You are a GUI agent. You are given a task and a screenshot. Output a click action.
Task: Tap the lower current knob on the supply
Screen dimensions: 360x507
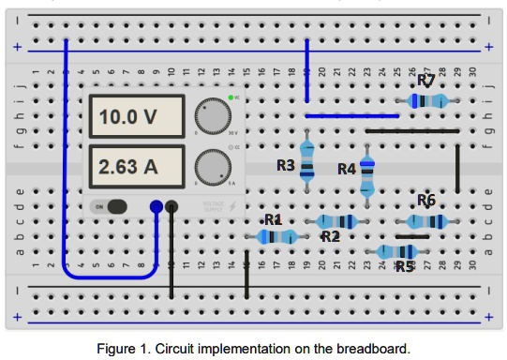tap(213, 169)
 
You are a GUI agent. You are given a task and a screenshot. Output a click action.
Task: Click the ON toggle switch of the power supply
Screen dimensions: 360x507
tap(112, 207)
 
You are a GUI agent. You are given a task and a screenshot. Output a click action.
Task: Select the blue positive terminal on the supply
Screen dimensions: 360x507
tap(157, 207)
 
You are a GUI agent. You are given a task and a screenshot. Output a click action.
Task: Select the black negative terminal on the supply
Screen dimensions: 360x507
tap(171, 207)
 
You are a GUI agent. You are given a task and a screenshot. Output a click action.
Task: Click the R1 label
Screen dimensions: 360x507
tap(273, 219)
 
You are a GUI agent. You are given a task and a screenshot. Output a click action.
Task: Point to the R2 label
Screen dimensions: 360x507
tap(330, 236)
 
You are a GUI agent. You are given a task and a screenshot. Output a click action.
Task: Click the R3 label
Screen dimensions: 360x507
tap(286, 166)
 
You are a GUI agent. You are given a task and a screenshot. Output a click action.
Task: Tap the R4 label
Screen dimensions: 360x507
tap(347, 169)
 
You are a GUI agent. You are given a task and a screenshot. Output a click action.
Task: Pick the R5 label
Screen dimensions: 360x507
tap(404, 266)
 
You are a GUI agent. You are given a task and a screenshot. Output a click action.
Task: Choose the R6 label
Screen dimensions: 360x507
tap(426, 200)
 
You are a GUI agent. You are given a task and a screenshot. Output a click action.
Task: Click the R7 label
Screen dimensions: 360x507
tap(426, 81)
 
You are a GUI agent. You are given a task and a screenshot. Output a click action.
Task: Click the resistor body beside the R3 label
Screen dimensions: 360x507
tap(306, 160)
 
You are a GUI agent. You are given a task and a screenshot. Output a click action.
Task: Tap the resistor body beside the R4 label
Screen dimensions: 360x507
tap(366, 174)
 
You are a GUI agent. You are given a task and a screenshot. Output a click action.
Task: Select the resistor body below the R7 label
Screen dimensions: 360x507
tap(427, 100)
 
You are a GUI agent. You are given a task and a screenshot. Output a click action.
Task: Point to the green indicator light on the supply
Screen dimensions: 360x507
tap(231, 98)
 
